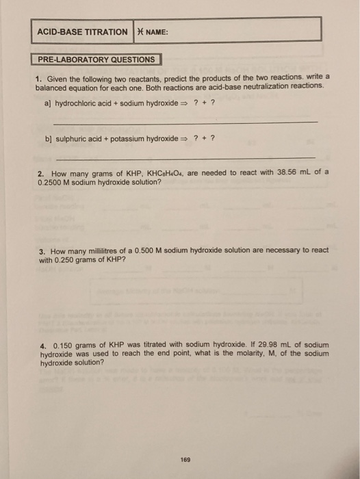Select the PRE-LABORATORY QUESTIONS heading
[96, 60]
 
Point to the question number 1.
[40, 79]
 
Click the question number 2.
[40, 173]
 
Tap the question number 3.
[40, 250]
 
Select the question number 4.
[40, 345]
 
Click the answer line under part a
[185, 122]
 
